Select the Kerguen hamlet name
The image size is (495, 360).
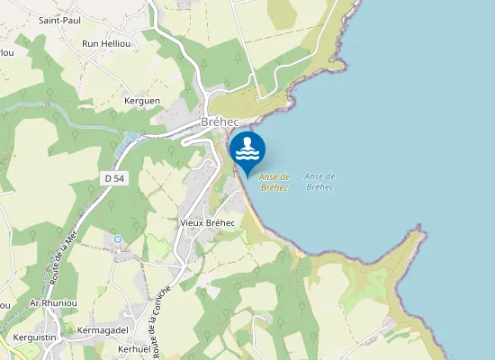tap(142, 101)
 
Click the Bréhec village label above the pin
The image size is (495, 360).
tap(219, 122)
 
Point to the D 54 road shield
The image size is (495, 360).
tap(114, 178)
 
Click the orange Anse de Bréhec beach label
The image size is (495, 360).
tap(274, 182)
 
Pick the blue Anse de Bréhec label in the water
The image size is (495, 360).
tap(319, 181)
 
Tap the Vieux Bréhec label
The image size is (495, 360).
tap(207, 222)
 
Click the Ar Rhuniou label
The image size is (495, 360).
tap(50, 303)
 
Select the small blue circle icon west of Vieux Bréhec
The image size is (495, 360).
tap(117, 238)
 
